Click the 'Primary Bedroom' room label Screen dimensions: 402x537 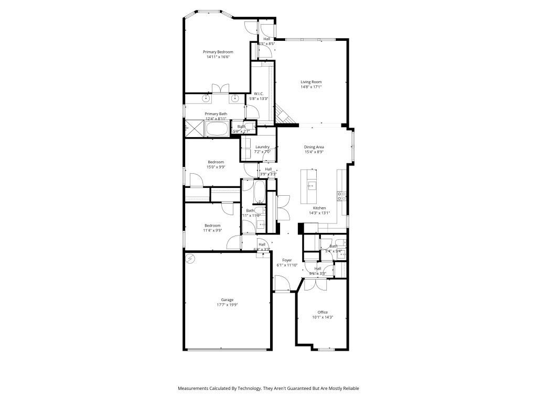point(218,52)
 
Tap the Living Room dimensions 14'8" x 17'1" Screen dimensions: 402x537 point(311,87)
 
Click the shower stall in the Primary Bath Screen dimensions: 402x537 point(195,128)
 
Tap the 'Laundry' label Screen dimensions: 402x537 point(262,147)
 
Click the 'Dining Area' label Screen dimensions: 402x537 point(314,147)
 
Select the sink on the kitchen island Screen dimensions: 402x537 point(311,185)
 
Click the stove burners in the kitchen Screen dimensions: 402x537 point(341,196)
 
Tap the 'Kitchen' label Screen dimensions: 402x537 point(319,208)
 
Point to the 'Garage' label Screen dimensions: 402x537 point(227,300)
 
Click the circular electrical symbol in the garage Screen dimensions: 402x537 point(190,258)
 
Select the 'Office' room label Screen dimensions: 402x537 point(323,312)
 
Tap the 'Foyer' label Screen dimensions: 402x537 point(287,260)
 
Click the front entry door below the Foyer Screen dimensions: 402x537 point(282,285)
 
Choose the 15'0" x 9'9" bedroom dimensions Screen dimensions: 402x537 point(216,167)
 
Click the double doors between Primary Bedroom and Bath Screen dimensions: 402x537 point(219,88)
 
